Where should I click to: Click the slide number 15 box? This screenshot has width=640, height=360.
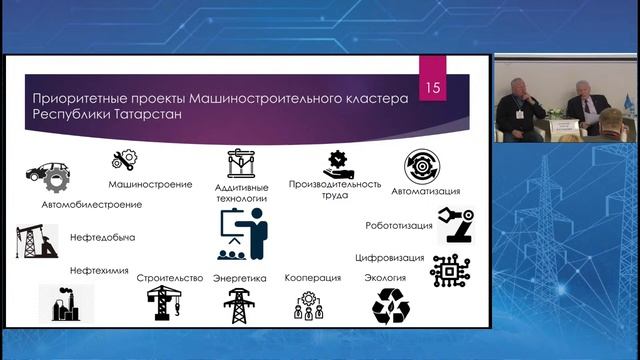433,88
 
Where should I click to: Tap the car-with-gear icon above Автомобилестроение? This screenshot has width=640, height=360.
45,178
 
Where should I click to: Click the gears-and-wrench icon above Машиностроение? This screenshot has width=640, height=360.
125,158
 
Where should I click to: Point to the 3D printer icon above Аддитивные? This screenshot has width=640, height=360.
241,164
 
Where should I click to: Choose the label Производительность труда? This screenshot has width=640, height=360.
335,189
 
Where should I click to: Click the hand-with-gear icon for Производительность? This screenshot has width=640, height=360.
337,162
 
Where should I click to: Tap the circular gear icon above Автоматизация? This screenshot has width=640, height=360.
422,166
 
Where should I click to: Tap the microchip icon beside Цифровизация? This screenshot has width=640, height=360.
450,270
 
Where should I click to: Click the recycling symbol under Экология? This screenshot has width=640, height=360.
390,305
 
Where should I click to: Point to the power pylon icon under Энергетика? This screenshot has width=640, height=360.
238,305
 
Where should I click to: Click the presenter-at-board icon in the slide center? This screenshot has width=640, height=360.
243,235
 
